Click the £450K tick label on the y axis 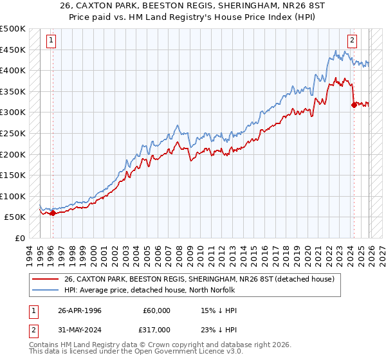13,50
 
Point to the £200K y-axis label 13,154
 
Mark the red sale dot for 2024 354,105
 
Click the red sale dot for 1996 53,213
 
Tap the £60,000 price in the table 156,310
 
